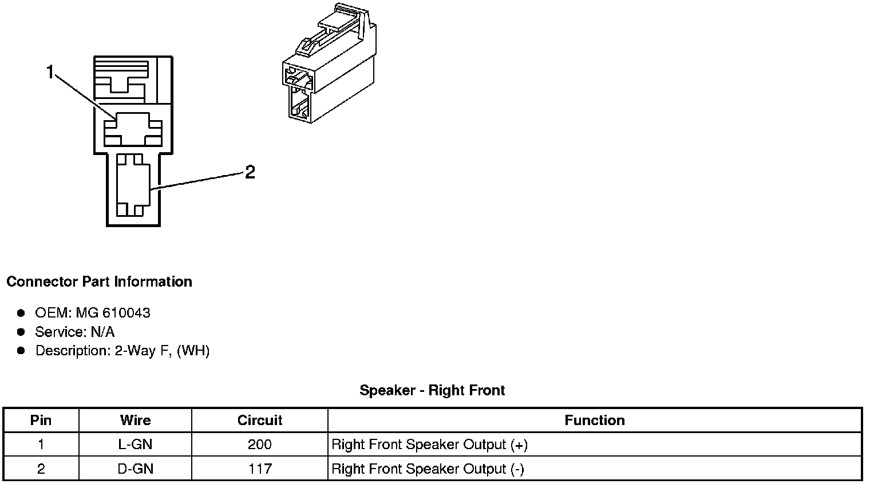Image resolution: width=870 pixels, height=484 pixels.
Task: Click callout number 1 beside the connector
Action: click(x=50, y=72)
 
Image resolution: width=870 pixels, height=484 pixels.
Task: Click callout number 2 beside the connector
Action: click(x=250, y=172)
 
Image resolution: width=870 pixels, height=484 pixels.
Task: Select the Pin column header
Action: click(x=41, y=420)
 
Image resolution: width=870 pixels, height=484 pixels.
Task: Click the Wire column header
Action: click(x=136, y=420)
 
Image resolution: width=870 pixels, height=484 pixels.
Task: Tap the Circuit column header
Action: click(x=260, y=420)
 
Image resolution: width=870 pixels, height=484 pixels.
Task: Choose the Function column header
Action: click(x=595, y=420)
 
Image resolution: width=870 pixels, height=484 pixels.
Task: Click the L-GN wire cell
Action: click(x=136, y=445)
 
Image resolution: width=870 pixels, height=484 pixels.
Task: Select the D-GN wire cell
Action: click(x=136, y=469)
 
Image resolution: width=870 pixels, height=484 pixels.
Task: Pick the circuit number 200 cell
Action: click(x=260, y=445)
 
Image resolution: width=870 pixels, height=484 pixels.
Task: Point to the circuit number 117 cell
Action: click(x=260, y=469)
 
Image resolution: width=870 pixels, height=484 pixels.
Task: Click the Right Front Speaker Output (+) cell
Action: click(x=430, y=445)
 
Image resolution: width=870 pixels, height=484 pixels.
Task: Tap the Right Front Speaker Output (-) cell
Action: click(x=428, y=469)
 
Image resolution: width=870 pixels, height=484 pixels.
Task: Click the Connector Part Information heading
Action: click(x=99, y=281)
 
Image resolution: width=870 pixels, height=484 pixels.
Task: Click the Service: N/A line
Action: click(x=75, y=332)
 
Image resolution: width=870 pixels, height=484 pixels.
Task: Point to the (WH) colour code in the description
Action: click(x=193, y=351)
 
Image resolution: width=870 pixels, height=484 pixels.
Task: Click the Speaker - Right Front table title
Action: click(x=432, y=391)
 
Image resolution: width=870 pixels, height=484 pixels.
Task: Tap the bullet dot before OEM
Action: click(x=21, y=313)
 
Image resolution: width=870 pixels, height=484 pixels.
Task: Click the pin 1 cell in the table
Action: click(x=41, y=445)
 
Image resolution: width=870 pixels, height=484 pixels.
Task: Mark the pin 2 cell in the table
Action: click(x=41, y=469)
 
